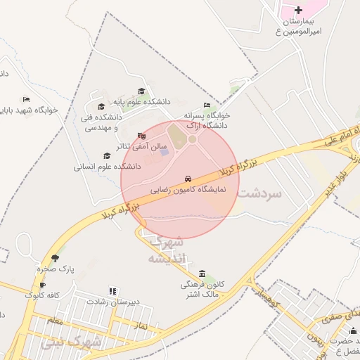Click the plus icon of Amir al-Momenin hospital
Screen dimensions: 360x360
[x=299, y=10]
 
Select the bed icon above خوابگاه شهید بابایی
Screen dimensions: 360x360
[x=27, y=99]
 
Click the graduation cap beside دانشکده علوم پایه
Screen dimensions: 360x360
[x=141, y=91]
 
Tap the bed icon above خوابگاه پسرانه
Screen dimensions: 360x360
[x=207, y=105]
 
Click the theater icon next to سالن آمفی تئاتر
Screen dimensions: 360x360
[x=142, y=136]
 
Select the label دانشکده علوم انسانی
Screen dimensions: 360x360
[x=108, y=167]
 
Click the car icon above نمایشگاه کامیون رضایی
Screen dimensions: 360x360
[x=188, y=179]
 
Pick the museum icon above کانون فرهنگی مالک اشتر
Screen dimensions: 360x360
[x=202, y=274]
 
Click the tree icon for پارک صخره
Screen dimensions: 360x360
[x=55, y=258]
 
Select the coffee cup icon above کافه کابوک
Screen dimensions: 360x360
[x=43, y=285]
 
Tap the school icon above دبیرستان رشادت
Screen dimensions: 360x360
[x=112, y=290]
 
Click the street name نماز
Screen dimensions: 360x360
[x=139, y=326]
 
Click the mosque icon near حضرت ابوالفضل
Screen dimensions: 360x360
[x=353, y=330]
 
